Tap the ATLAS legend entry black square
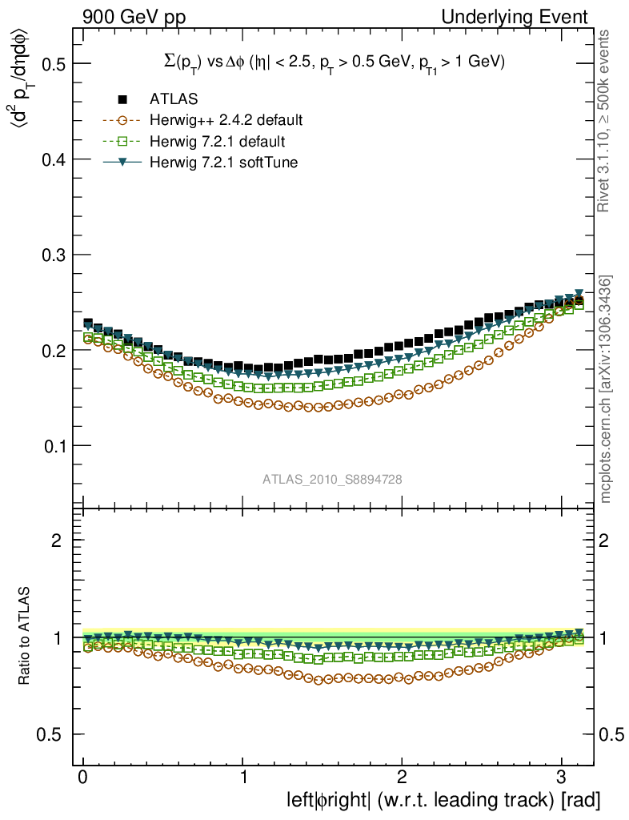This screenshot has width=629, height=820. [122, 99]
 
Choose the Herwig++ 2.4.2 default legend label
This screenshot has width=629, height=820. [226, 121]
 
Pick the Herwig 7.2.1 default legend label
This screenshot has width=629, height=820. [217, 142]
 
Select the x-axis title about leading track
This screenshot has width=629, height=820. [443, 799]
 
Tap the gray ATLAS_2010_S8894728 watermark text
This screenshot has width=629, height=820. [332, 479]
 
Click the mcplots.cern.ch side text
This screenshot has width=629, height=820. [607, 390]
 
